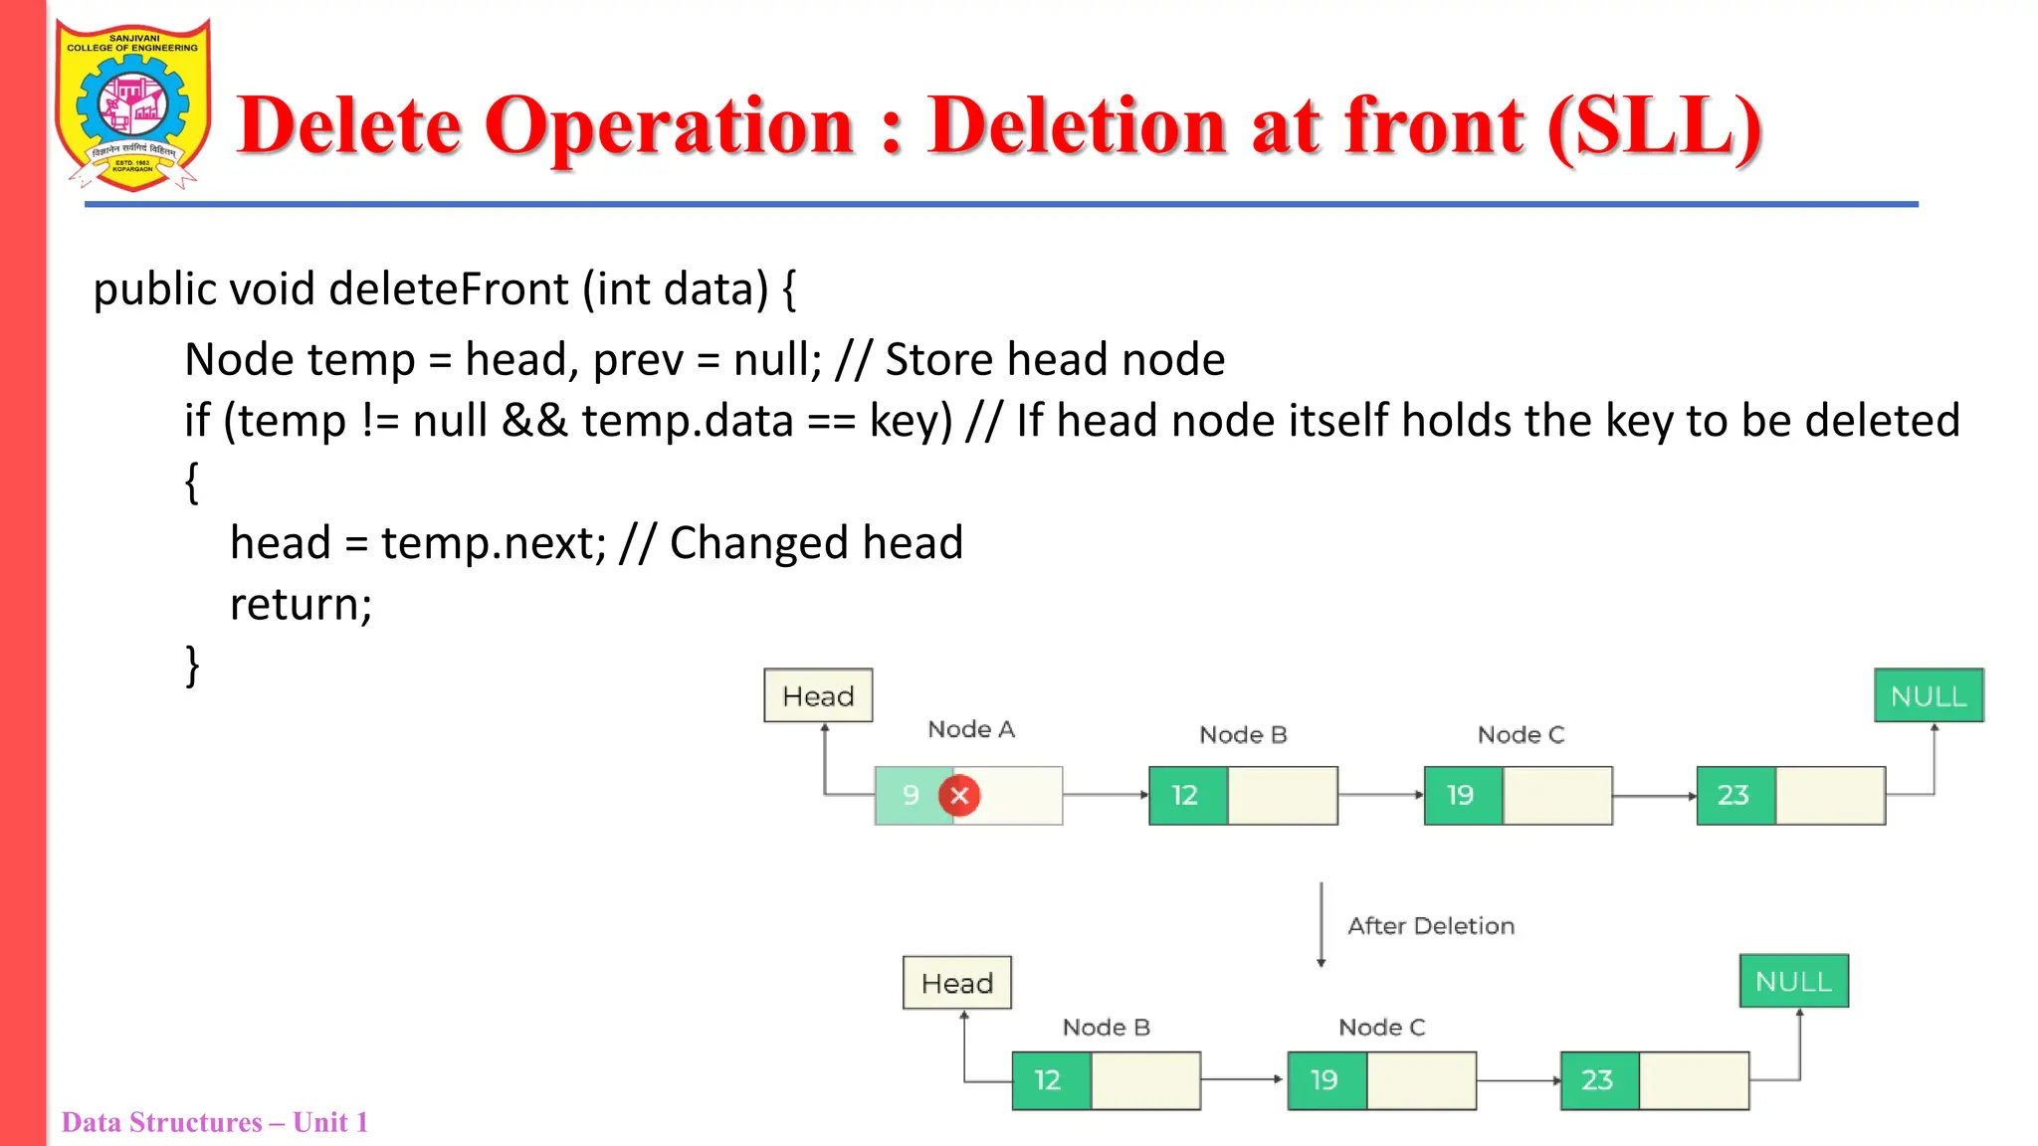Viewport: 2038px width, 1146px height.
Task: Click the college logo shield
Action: [133, 104]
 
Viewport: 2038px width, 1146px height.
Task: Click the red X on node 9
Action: [959, 795]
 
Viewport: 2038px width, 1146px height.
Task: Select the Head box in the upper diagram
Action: [818, 695]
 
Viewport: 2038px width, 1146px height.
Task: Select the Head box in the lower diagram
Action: [956, 983]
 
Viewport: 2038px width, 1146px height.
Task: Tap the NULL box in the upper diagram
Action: [1928, 695]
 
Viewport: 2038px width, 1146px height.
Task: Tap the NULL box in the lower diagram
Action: [1793, 981]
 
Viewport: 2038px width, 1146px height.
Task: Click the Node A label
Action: [970, 729]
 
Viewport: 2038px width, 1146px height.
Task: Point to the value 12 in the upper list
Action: [1185, 795]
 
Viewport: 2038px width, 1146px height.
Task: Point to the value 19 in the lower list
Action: [1324, 1080]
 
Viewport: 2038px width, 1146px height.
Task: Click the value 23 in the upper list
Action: [1732, 795]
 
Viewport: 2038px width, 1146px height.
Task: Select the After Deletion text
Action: [1430, 926]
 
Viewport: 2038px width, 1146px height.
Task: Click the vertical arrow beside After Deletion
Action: [1321, 924]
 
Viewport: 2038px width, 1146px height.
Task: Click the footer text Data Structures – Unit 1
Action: [214, 1122]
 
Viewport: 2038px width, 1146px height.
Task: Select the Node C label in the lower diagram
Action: [1381, 1028]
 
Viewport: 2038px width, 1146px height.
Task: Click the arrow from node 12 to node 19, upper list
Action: [1380, 795]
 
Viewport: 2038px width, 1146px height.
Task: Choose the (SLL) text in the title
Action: [1653, 126]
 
